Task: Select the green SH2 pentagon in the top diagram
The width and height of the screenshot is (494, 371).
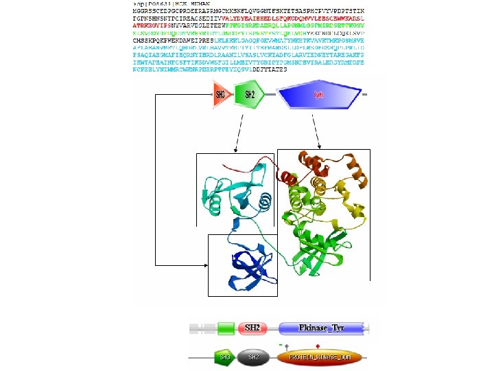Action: [248, 95]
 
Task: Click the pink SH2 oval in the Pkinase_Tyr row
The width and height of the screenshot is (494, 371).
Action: [253, 328]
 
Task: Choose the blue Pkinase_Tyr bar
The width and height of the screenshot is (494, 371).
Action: [324, 328]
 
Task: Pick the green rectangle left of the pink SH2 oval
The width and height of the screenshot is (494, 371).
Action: [226, 328]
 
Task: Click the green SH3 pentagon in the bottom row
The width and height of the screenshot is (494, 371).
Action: [223, 357]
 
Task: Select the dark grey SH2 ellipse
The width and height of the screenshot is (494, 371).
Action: [252, 357]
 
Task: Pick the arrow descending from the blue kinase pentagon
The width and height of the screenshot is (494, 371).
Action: [316, 148]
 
